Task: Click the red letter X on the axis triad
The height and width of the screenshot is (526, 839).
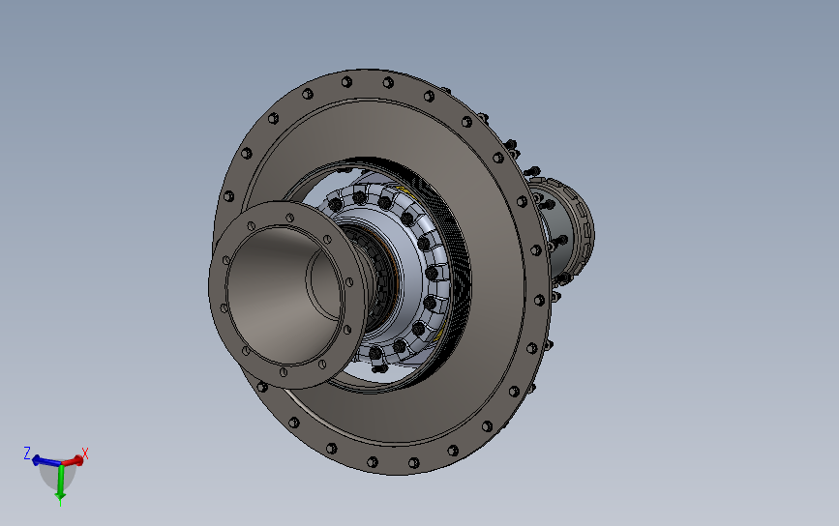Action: [x=84, y=453]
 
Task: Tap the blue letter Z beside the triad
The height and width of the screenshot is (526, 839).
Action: [x=27, y=453]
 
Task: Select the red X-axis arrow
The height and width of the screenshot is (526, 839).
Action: [x=73, y=460]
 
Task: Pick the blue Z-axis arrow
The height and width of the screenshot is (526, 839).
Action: [x=46, y=461]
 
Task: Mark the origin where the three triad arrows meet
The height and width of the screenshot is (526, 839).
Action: [x=61, y=463]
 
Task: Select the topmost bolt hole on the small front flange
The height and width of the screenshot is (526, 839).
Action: [x=290, y=218]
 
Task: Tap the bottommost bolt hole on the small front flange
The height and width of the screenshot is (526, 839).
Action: [x=284, y=372]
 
